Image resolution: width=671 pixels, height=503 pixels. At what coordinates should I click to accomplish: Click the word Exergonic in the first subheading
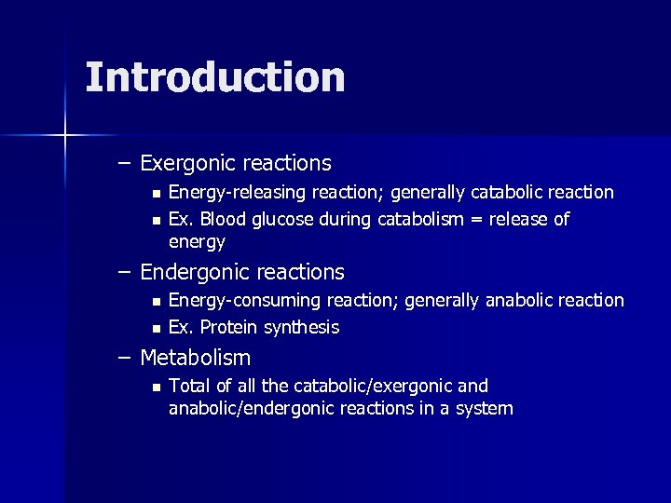[x=187, y=164]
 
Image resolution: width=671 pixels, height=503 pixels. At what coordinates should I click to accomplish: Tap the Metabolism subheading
[x=195, y=358]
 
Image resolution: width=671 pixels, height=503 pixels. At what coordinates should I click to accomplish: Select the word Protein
[x=229, y=327]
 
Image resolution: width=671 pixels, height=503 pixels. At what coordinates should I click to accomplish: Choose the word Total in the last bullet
[x=189, y=386]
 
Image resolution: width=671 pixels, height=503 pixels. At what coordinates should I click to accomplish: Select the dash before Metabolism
[x=124, y=358]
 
